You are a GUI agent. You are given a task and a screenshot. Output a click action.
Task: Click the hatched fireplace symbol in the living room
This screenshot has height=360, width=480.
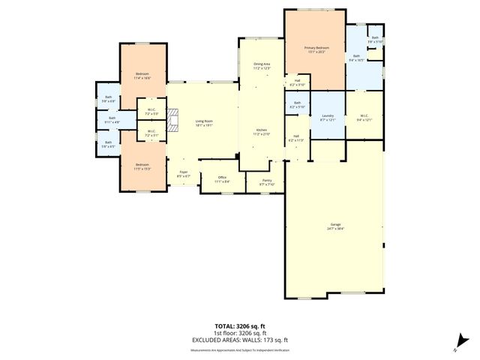coord(173,121)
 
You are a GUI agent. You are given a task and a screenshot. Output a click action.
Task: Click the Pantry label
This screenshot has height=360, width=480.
coord(267,181)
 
